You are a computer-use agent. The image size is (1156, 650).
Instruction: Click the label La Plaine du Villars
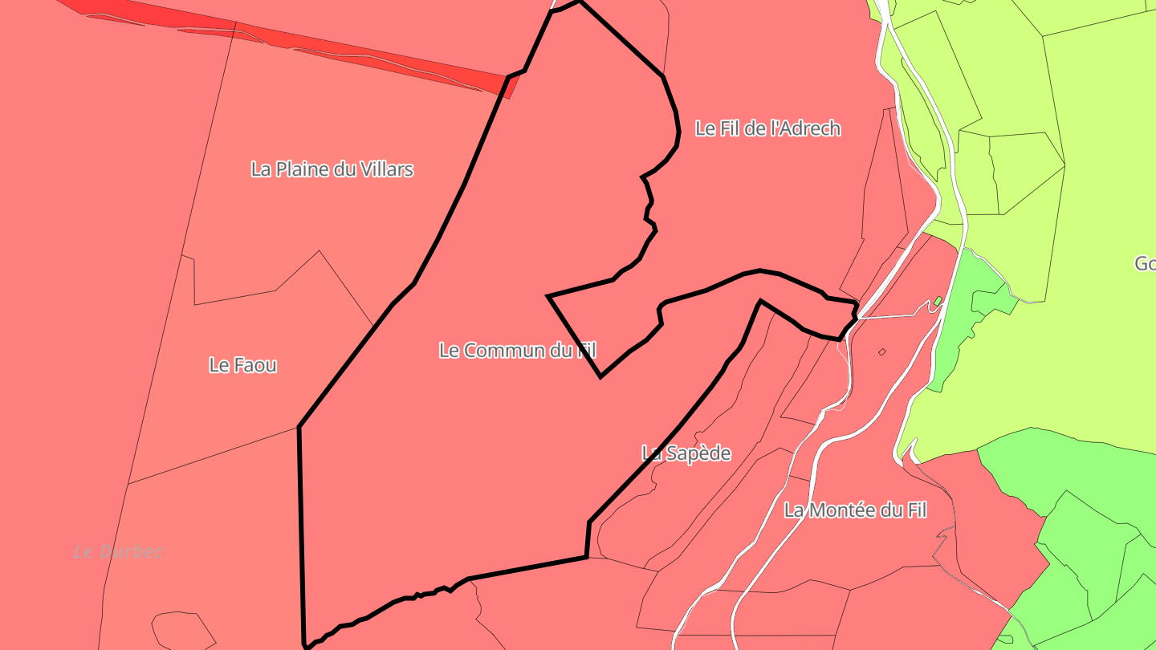(332, 169)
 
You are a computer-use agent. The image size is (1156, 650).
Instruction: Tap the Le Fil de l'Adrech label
(767, 128)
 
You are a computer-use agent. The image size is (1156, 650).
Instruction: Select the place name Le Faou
(242, 365)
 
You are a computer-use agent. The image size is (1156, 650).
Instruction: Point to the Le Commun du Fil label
(517, 350)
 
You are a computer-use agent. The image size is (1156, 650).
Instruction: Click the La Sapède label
(686, 453)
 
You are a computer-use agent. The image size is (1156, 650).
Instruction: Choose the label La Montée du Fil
(855, 510)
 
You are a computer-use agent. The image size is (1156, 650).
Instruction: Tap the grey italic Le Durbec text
(118, 552)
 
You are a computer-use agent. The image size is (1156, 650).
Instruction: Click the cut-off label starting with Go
(1145, 263)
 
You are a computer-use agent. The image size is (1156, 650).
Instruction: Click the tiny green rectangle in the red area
(937, 302)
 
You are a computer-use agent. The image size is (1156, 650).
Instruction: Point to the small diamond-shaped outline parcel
(881, 351)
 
